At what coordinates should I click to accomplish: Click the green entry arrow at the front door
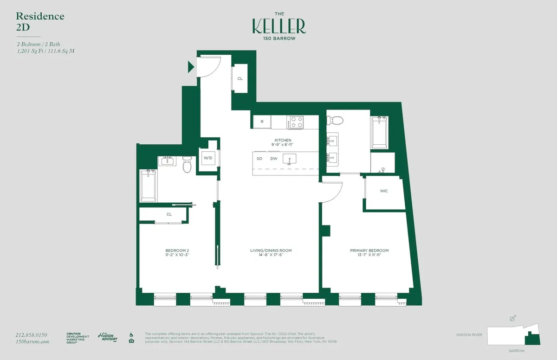[190, 67]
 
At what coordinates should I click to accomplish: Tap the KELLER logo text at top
[279, 26]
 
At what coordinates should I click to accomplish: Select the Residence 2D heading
[40, 21]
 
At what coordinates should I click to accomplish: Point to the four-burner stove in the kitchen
[295, 122]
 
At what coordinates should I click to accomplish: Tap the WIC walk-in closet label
[383, 191]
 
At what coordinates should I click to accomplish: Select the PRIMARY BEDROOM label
[369, 251]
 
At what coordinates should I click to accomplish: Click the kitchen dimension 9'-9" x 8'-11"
[283, 145]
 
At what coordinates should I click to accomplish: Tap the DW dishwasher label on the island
[274, 159]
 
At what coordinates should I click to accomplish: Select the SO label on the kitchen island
[259, 159]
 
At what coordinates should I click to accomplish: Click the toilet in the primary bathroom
[335, 121]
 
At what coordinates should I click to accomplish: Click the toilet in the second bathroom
[187, 164]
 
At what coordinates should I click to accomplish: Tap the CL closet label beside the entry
[240, 79]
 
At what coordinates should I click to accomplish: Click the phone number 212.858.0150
[32, 334]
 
